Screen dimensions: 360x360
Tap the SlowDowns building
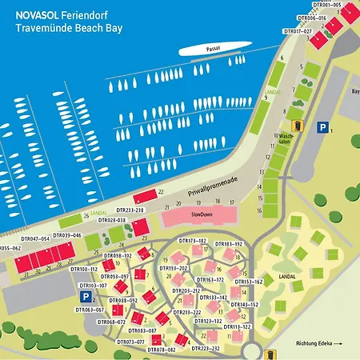pos(198,217)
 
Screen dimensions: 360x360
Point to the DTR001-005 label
pos(326,5)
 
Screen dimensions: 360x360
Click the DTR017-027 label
pos(298,30)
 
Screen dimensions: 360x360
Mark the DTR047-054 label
pos(36,238)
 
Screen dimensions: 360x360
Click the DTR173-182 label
pos(193,241)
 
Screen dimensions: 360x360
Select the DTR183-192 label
pos(228,243)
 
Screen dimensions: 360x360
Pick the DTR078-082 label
pos(160,350)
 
